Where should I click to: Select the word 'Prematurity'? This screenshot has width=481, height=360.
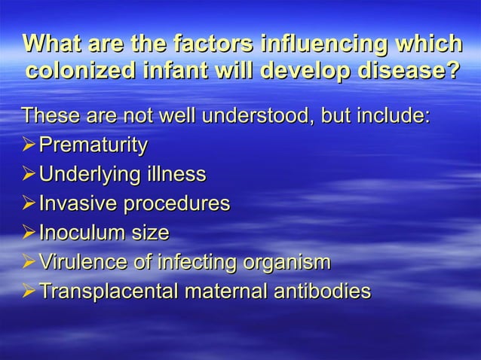coord(93,146)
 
